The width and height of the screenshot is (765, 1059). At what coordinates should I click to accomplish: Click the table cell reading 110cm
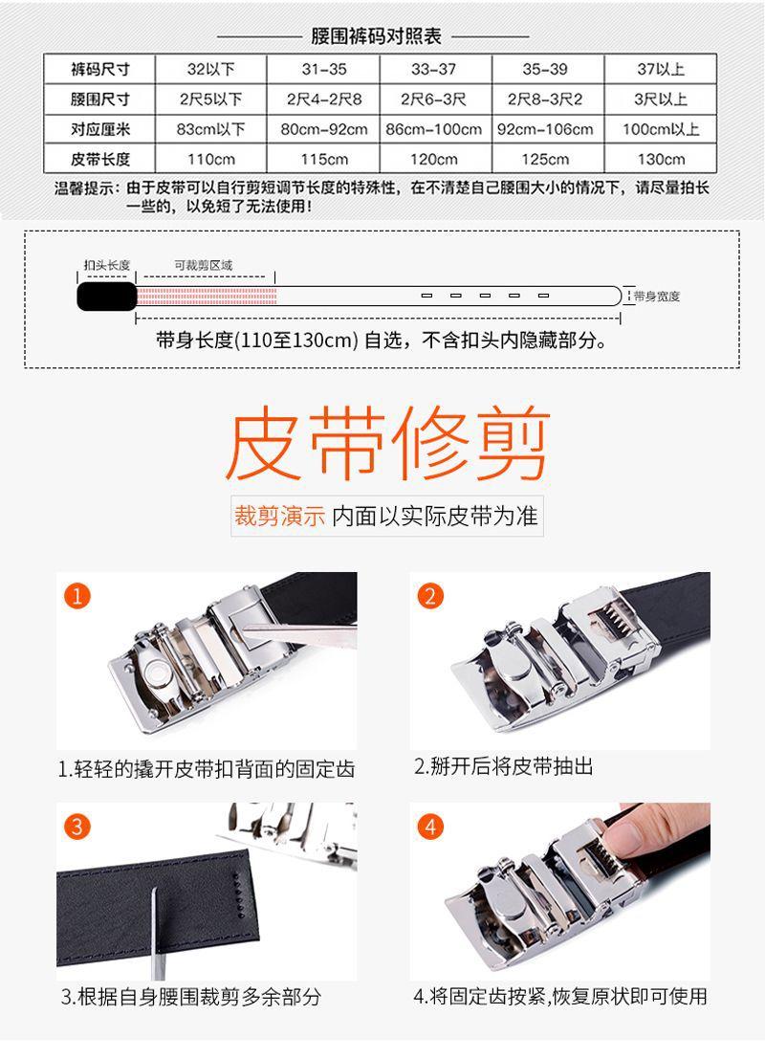[x=211, y=159]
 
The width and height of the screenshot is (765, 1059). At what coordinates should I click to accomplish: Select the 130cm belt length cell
[x=661, y=159]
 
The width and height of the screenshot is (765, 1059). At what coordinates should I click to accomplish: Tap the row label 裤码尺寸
[x=99, y=69]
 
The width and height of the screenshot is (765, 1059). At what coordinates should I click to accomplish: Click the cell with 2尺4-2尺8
[x=324, y=99]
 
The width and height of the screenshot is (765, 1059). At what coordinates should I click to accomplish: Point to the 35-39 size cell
[x=544, y=69]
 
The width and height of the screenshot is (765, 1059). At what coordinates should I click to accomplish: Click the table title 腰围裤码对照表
[x=376, y=36]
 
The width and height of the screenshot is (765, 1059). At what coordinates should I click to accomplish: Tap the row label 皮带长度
[x=99, y=159]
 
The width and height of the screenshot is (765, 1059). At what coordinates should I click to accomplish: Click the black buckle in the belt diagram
[x=106, y=296]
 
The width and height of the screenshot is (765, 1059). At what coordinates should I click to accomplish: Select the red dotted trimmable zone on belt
[x=207, y=295]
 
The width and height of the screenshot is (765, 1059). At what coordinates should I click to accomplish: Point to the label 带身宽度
[x=656, y=297]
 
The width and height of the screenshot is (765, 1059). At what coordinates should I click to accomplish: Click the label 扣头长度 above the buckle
[x=105, y=265]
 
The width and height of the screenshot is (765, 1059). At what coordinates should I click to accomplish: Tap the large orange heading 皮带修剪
[x=387, y=446]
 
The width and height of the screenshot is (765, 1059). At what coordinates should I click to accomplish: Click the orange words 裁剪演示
[x=279, y=517]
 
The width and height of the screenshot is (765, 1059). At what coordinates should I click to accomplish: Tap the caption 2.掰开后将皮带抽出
[x=503, y=766]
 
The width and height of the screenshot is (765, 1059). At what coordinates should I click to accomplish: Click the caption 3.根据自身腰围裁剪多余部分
[x=190, y=997]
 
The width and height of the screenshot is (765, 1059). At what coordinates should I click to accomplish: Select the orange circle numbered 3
[x=77, y=826]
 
